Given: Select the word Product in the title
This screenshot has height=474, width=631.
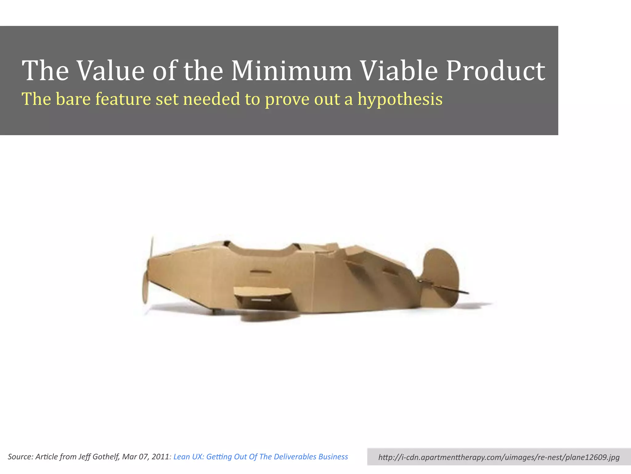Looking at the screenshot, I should [495, 71].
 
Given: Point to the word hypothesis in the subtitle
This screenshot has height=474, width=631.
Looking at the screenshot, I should [400, 99].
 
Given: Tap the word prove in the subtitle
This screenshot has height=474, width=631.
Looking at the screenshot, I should [287, 99].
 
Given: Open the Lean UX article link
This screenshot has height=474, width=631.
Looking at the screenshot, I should [261, 457].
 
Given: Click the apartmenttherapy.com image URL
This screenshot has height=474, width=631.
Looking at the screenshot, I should [499, 457].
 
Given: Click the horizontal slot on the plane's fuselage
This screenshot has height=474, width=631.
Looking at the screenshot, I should [261, 272].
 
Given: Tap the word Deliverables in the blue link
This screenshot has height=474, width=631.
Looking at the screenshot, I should [292, 457].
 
